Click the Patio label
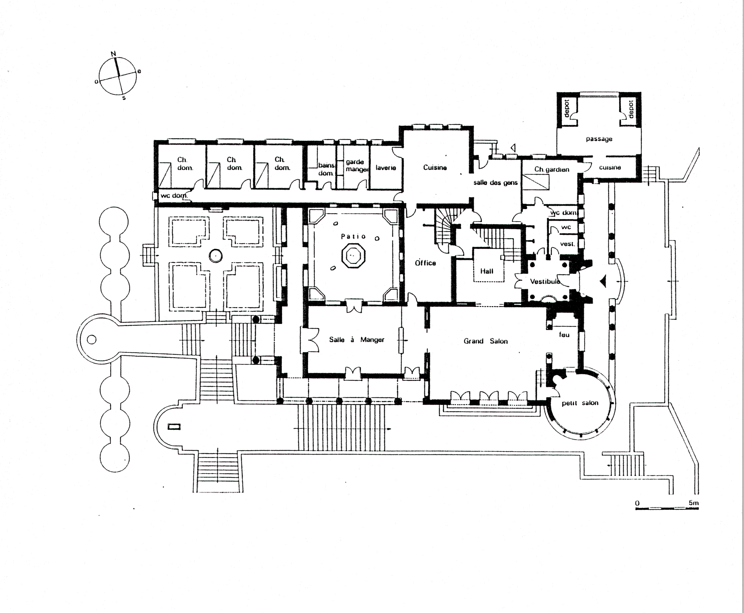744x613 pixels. [x=353, y=236]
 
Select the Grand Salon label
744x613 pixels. [x=486, y=341]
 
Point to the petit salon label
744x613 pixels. [x=580, y=403]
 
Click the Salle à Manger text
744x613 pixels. [x=356, y=340]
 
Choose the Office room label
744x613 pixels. [x=425, y=263]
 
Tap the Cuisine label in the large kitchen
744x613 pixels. [x=435, y=167]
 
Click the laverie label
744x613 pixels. [x=386, y=168]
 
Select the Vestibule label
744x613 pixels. [x=545, y=281]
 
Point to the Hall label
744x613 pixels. [x=487, y=271]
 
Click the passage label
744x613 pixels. [x=599, y=139]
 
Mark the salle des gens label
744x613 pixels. [x=495, y=183]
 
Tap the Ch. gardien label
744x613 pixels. [x=552, y=169]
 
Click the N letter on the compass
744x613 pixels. [x=113, y=54]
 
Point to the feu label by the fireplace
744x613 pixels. [x=564, y=334]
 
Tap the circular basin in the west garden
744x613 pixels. [x=215, y=255]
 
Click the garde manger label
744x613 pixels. [x=356, y=166]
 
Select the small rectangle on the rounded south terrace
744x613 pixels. [x=174, y=427]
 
